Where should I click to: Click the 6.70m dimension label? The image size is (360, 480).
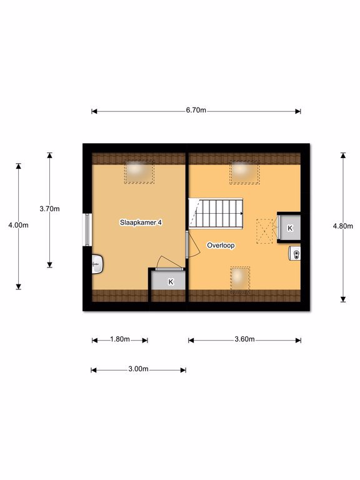pyautogui.click(x=196, y=110)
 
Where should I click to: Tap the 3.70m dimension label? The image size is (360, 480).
pyautogui.click(x=49, y=209)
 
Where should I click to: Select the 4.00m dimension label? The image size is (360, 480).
pyautogui.click(x=18, y=225)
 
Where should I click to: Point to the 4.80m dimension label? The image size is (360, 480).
pyautogui.click(x=343, y=226)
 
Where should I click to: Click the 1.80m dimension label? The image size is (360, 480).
pyautogui.click(x=120, y=339)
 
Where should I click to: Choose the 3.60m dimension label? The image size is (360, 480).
pyautogui.click(x=244, y=339)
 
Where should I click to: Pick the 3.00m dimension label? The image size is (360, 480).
pyautogui.click(x=138, y=369)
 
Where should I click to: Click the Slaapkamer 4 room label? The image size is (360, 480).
pyautogui.click(x=141, y=222)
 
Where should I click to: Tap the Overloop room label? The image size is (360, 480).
pyautogui.click(x=221, y=245)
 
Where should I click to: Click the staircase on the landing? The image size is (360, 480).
pyautogui.click(x=216, y=213)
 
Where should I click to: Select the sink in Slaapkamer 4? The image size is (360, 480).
pyautogui.click(x=97, y=264)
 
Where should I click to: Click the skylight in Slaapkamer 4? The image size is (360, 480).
pyautogui.click(x=139, y=172)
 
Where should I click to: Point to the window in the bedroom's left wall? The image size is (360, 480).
pyautogui.click(x=87, y=229)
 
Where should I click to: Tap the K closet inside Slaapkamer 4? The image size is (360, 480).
pyautogui.click(x=169, y=281)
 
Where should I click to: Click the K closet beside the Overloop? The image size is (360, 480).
pyautogui.click(x=289, y=228)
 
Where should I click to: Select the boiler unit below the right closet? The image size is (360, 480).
pyautogui.click(x=294, y=254)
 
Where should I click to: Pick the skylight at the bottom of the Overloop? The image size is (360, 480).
pyautogui.click(x=240, y=280)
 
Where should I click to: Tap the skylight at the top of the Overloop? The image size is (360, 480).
pyautogui.click(x=244, y=172)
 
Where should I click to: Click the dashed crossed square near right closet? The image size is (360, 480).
pyautogui.click(x=264, y=231)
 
